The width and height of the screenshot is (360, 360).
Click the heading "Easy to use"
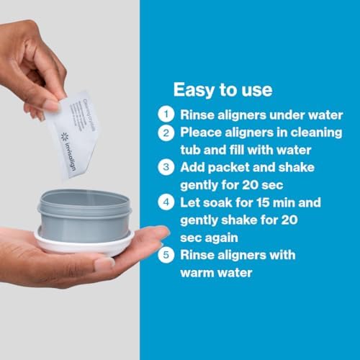click(222, 90)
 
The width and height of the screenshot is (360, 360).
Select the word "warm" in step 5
click(198, 274)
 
